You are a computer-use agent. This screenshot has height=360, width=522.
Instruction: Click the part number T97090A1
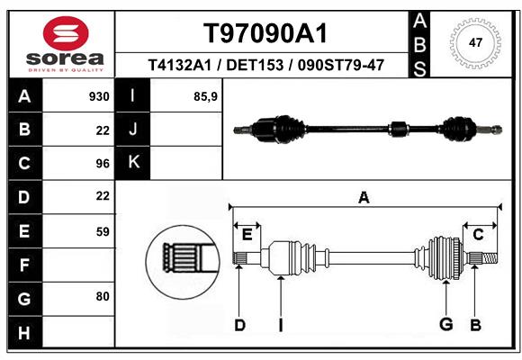pos(264,33)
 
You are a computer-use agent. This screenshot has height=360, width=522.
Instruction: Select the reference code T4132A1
pos(178,65)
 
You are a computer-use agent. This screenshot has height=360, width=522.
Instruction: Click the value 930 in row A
pos(99,96)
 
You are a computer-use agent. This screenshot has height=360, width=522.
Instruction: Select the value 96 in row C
pos(102,163)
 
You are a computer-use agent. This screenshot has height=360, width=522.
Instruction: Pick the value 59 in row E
pos(102,231)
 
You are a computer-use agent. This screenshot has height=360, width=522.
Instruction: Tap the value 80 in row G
pos(102,296)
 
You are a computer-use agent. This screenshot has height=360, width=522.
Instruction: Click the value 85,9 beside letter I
pos(205,96)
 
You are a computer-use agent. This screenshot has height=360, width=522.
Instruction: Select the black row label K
pos(133,163)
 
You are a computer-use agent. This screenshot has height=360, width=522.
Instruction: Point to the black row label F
pos(24,265)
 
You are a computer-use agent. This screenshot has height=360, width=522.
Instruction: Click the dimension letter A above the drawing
pos(364,197)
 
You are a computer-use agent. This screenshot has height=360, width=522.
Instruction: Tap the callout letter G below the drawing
pos(445,325)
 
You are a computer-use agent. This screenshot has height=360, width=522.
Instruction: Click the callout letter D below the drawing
pos(239,325)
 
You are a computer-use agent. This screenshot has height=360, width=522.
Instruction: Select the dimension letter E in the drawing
pos(247,234)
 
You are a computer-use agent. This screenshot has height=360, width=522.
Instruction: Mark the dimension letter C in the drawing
pos(478,234)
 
